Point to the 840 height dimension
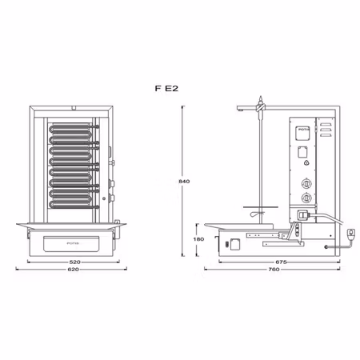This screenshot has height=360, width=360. pyautogui.click(x=184, y=182)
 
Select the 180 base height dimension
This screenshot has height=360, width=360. pyautogui.click(x=190, y=239)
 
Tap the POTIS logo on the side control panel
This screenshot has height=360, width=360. pyautogui.click(x=303, y=127)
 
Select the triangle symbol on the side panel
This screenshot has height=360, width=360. pyautogui.click(x=304, y=164)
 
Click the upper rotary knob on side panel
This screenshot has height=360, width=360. pyautogui.click(x=304, y=182)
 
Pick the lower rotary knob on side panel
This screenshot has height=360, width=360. pyautogui.click(x=304, y=197)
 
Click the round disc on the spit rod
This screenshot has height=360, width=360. pyautogui.click(x=255, y=214)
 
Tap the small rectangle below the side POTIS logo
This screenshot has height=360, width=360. pyautogui.click(x=303, y=149)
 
